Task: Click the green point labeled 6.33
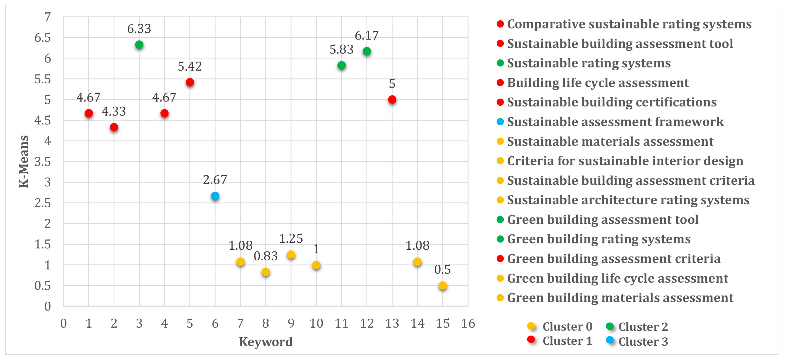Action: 139,45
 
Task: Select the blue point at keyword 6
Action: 215,196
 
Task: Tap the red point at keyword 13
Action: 392,100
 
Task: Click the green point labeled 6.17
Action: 367,51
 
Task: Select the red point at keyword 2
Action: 114,127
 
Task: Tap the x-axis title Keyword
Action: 265,342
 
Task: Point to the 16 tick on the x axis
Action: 468,323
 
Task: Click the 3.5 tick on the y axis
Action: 43,162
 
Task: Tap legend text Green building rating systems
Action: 599,239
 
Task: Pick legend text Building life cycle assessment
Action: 598,83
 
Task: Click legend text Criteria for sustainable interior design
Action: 625,161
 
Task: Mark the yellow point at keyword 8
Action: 266,272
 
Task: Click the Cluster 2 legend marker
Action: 610,326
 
